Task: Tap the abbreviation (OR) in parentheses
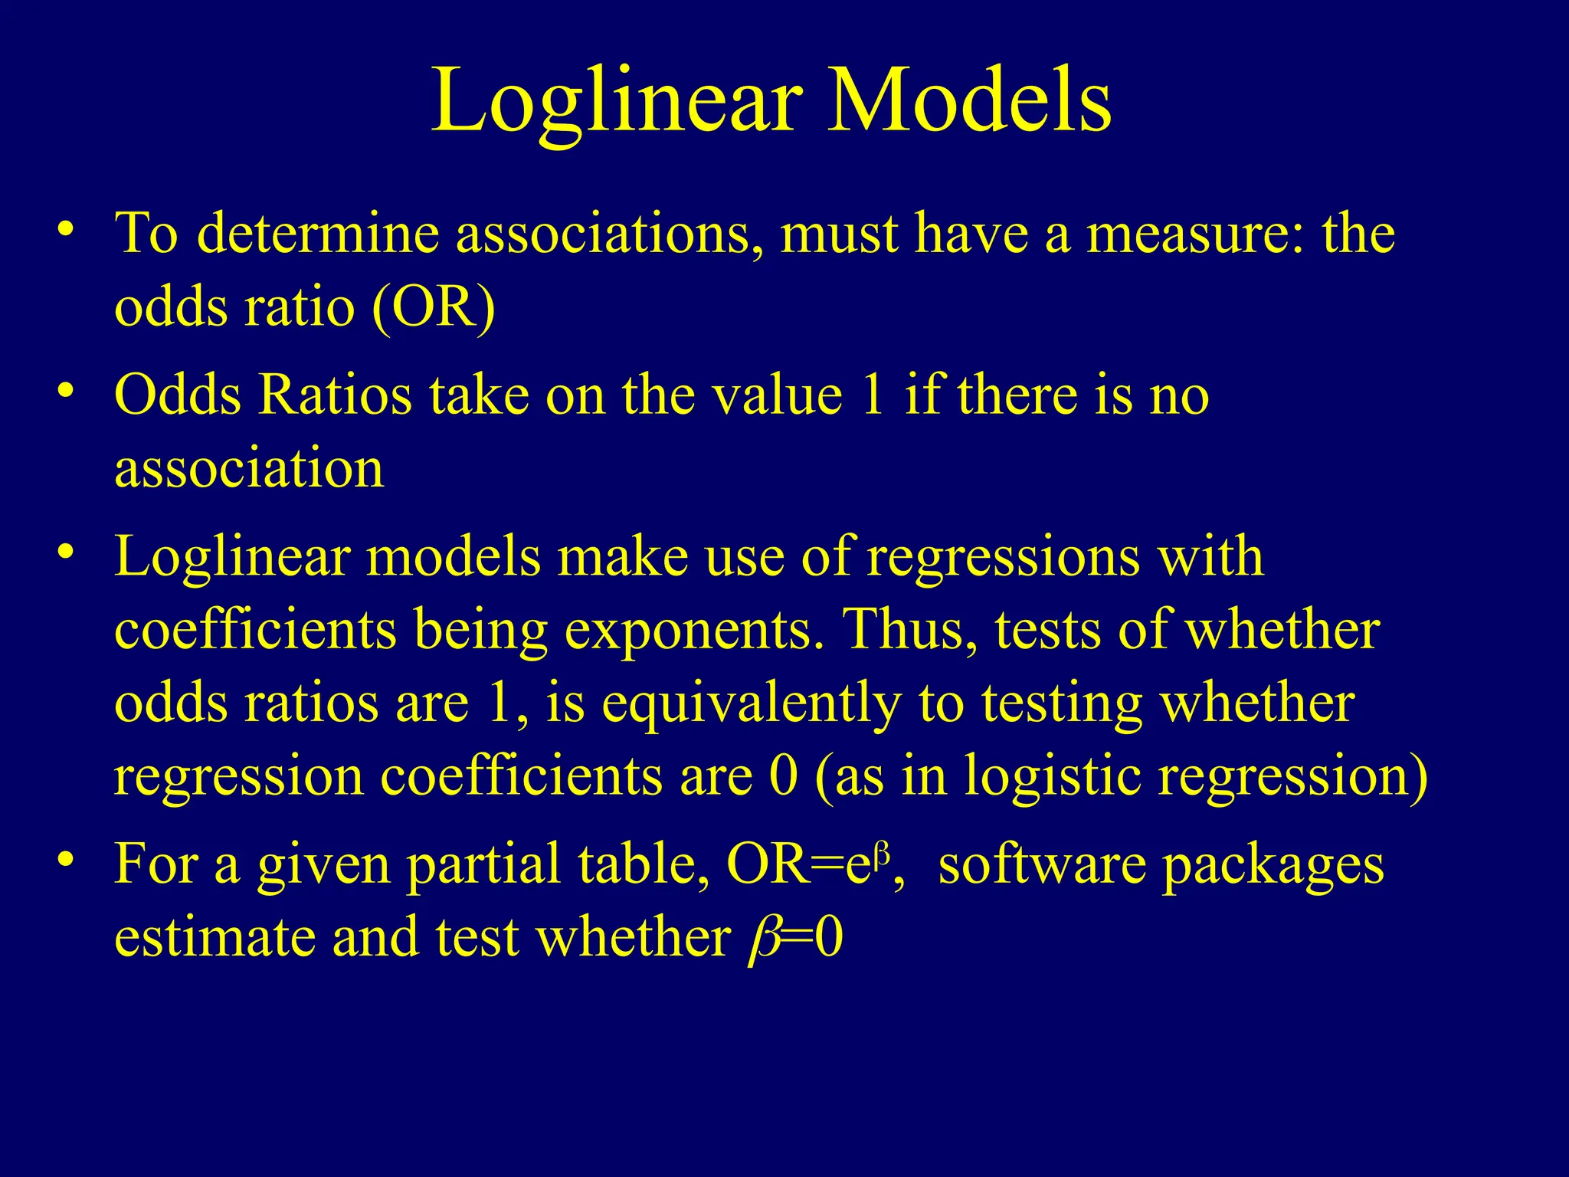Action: (x=434, y=307)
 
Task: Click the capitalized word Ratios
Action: (x=335, y=395)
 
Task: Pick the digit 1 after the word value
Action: (x=873, y=395)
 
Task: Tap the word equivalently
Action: (x=750, y=703)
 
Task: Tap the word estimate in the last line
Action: (x=215, y=938)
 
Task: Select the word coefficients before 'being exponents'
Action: (x=255, y=630)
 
